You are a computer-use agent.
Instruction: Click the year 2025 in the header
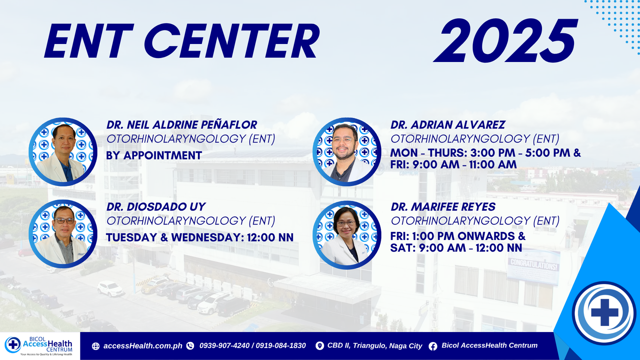click(x=506, y=41)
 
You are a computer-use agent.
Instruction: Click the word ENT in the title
click(x=89, y=41)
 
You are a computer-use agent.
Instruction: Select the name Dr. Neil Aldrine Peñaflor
click(x=182, y=125)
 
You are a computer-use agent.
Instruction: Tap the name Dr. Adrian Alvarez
click(x=448, y=125)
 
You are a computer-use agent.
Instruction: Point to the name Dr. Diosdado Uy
click(x=156, y=207)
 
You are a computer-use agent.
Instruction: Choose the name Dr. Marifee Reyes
click(x=443, y=207)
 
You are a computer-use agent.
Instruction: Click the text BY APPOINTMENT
click(x=154, y=156)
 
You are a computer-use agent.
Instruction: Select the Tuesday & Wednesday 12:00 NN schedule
click(x=200, y=238)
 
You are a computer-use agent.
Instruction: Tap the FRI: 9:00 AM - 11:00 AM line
click(x=454, y=164)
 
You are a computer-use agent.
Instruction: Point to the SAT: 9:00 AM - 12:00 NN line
click(x=456, y=248)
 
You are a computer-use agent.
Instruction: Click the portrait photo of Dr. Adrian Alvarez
click(x=347, y=152)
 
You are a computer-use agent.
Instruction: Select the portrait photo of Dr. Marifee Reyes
click(x=347, y=235)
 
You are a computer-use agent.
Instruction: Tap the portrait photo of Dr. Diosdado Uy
click(x=63, y=234)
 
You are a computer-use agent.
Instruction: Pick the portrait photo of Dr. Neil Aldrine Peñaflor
click(x=63, y=152)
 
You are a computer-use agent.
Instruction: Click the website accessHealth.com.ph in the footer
click(x=142, y=346)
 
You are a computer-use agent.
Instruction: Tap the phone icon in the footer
click(x=190, y=346)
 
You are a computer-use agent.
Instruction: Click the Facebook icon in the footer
click(x=433, y=346)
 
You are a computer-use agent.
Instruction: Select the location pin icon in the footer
click(x=320, y=346)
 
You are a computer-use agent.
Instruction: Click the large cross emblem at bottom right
click(x=604, y=312)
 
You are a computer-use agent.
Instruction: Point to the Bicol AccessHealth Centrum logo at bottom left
click(x=38, y=346)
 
